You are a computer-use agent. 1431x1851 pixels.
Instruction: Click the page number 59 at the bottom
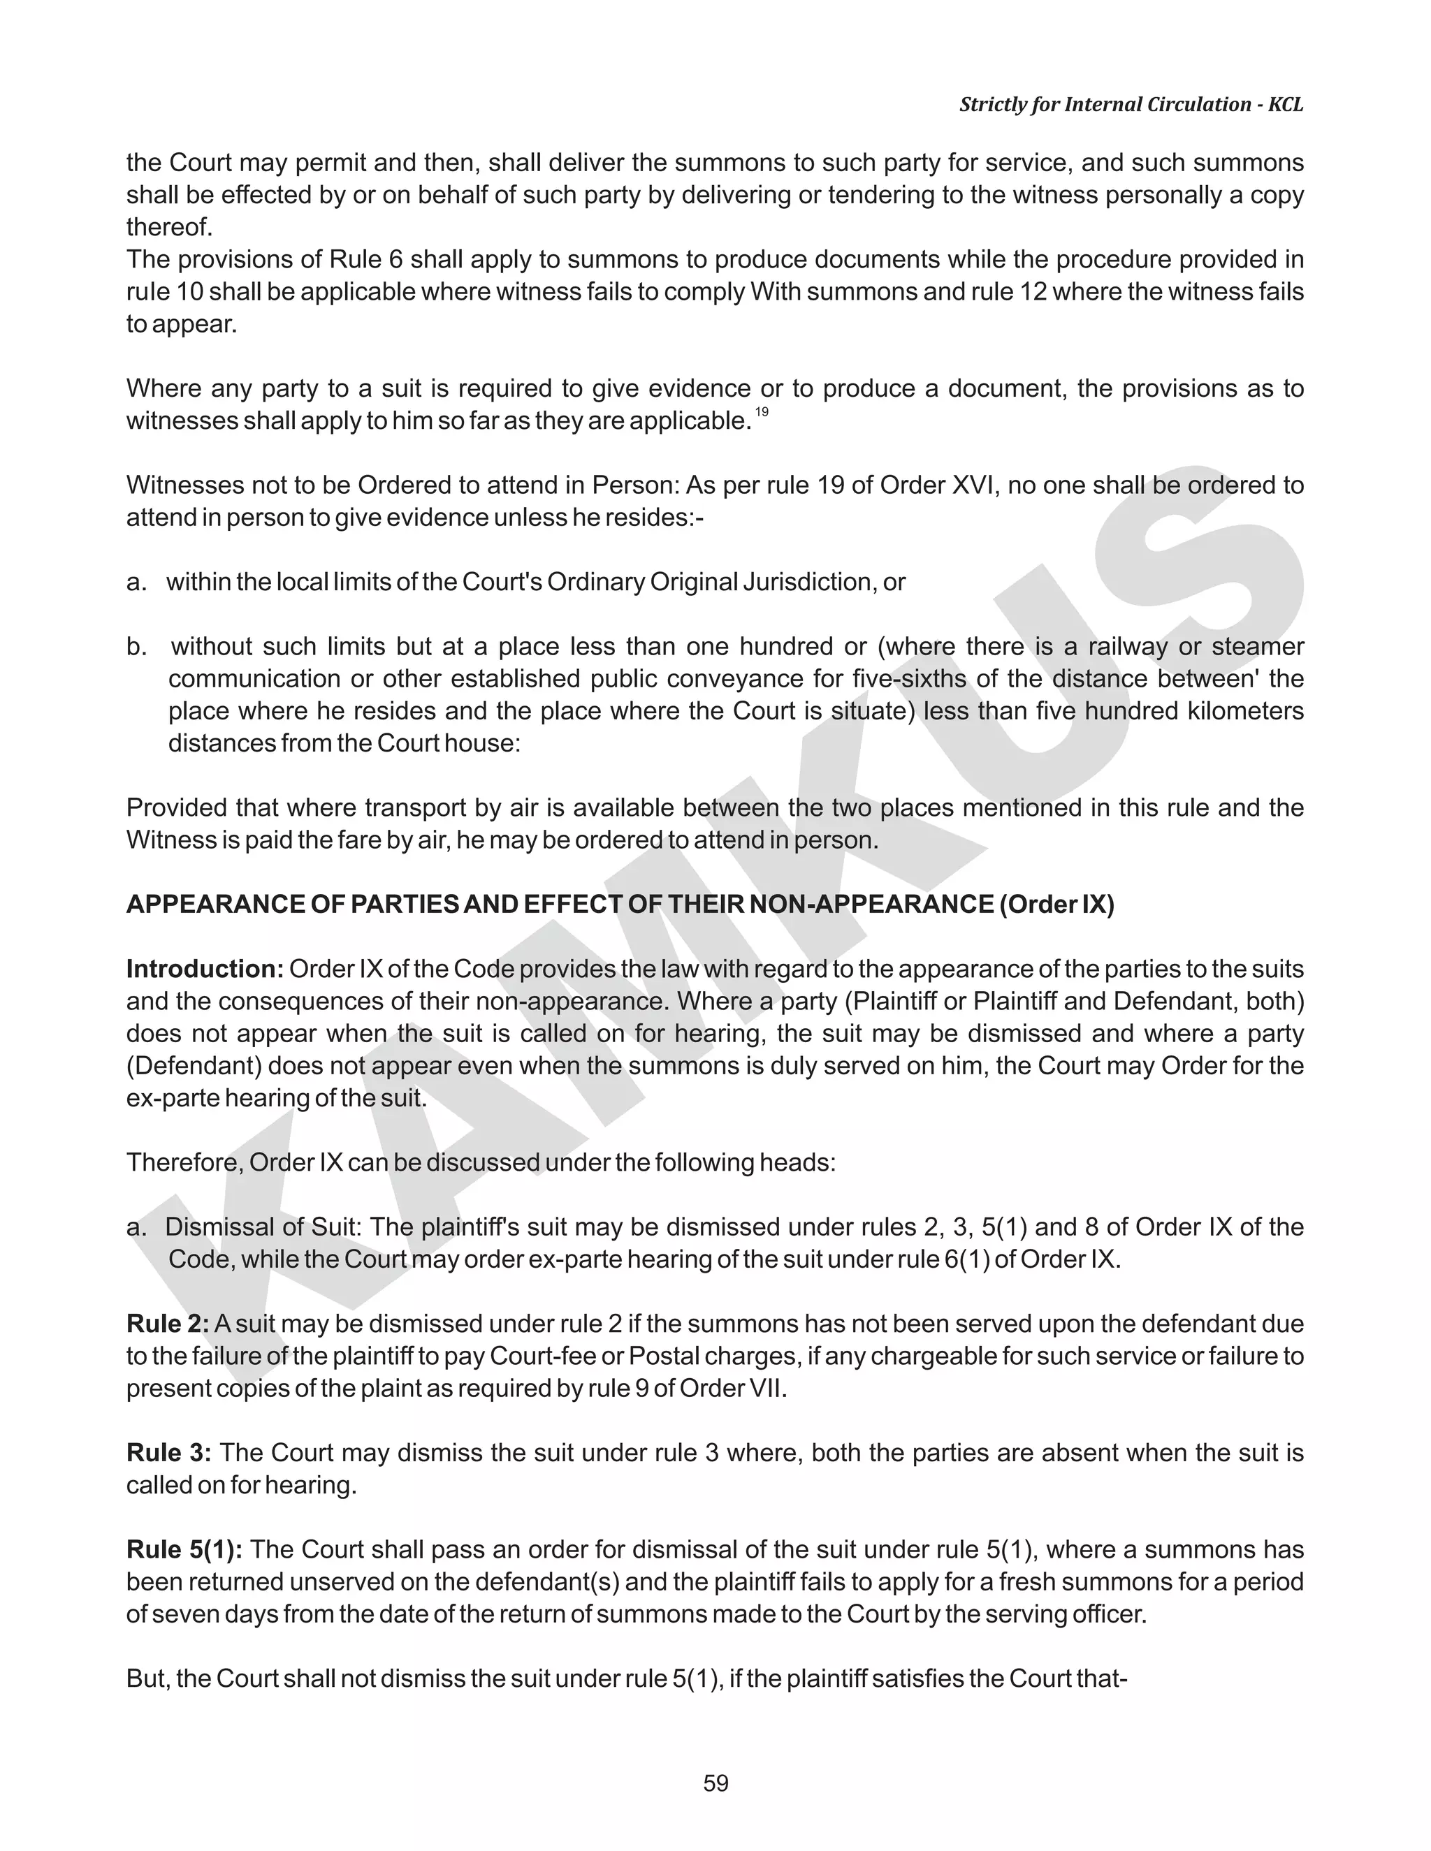coord(715,1783)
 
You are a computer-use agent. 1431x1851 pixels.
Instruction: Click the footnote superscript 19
coord(762,412)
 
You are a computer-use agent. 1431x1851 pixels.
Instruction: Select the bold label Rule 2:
coord(167,1323)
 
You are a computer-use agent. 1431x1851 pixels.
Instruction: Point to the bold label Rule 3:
coord(168,1452)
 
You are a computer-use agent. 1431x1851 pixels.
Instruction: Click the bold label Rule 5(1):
coord(184,1549)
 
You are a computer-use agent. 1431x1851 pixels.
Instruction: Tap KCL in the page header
coord(1285,104)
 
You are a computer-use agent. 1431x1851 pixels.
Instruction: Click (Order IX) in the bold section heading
coord(1056,905)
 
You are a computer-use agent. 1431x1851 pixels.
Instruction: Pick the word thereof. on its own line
coord(168,227)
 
